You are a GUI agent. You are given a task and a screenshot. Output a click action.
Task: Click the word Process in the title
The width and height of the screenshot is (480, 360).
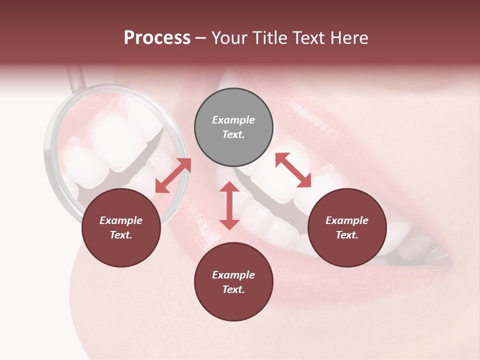[157, 38]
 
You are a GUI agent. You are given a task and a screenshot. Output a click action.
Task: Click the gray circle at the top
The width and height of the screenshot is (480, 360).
[233, 127]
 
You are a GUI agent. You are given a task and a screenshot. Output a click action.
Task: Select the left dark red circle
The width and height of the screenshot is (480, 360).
[121, 228]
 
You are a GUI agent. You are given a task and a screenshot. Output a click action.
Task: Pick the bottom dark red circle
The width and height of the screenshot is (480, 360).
[233, 282]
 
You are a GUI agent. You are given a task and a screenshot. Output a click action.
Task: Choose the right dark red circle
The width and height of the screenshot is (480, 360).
[347, 228]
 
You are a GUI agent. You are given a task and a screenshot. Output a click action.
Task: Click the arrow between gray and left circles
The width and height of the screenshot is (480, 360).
[173, 175]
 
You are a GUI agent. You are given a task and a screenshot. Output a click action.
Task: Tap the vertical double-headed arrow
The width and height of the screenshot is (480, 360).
[229, 205]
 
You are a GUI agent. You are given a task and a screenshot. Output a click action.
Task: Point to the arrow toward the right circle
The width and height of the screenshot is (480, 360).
[293, 170]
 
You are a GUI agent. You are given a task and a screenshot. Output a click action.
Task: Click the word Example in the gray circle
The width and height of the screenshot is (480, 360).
[233, 120]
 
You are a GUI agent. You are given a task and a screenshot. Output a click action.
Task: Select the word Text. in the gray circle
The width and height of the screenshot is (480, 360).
[233, 134]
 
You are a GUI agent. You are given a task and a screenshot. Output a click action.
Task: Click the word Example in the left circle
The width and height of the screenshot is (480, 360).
[121, 220]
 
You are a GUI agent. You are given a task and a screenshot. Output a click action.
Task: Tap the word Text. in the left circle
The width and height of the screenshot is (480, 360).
[121, 235]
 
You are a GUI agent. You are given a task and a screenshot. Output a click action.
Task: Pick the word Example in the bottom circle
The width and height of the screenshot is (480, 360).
[233, 275]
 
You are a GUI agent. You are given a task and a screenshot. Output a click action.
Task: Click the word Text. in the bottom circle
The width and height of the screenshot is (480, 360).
[233, 289]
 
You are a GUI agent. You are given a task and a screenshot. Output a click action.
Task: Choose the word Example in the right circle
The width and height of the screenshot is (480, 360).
[347, 220]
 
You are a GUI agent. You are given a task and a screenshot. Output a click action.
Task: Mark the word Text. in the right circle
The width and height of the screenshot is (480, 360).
[347, 235]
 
